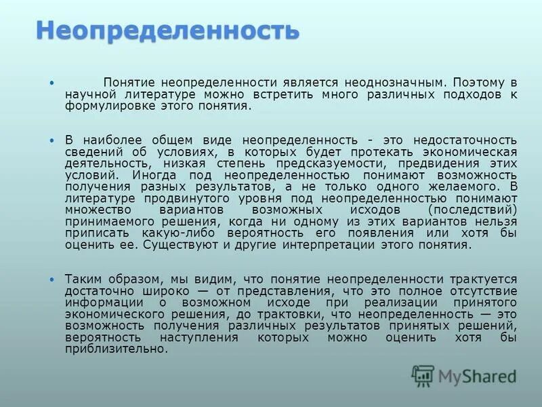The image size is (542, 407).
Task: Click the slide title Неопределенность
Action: tap(167, 31)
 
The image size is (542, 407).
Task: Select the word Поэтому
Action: tap(477, 82)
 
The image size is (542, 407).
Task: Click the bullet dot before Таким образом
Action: tap(51, 279)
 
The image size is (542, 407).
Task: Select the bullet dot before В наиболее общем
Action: tap(51, 139)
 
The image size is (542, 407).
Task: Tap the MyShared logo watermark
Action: tap(464, 375)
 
